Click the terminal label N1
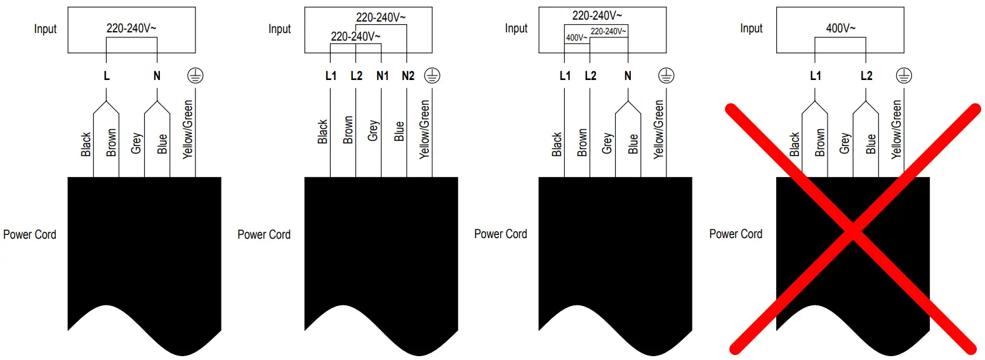[x=382, y=76]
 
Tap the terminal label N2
[x=408, y=76]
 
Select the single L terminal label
[x=107, y=76]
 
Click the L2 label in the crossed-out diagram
[x=866, y=76]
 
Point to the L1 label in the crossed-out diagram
[x=816, y=76]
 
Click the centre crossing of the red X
[x=853, y=230]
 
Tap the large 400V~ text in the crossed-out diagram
[x=841, y=29]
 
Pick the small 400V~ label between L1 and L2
[x=577, y=38]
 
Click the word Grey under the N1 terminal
[x=374, y=131]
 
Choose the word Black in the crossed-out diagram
[x=795, y=145]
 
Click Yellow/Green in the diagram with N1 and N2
[x=425, y=130]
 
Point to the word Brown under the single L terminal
[x=112, y=143]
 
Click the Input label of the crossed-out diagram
[x=751, y=29]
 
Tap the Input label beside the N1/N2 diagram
[x=279, y=29]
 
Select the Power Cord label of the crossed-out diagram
[x=736, y=234]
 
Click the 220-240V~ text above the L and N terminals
[x=131, y=29]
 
